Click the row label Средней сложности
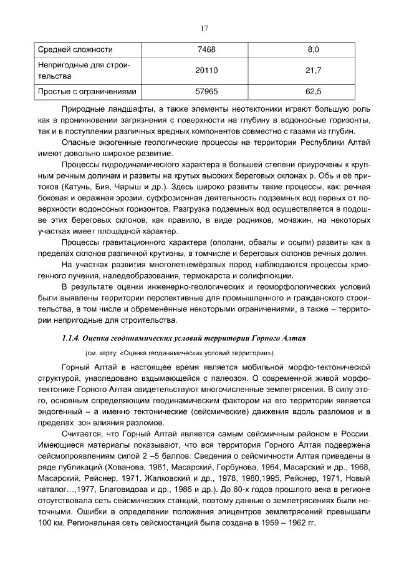pyautogui.click(x=75, y=49)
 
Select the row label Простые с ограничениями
pyautogui.click(x=87, y=92)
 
